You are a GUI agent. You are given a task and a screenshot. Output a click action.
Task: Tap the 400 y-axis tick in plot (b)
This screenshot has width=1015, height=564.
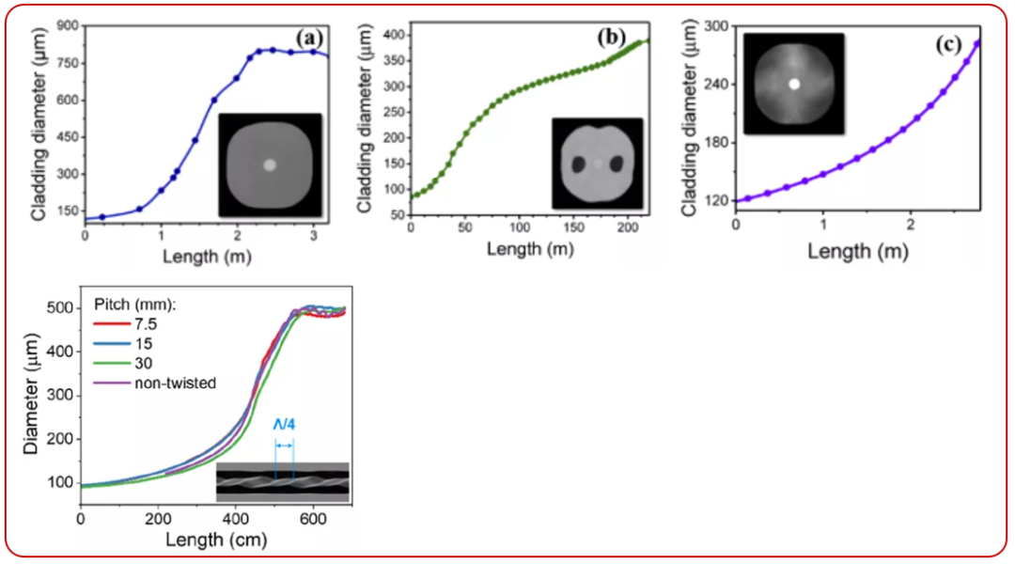393,36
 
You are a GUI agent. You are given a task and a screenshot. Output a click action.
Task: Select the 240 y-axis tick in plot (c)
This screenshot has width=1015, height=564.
716,84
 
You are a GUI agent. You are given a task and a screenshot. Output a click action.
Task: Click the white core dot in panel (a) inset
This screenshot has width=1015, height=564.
271,164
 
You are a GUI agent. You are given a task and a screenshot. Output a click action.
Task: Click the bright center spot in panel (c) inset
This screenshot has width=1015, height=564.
794,84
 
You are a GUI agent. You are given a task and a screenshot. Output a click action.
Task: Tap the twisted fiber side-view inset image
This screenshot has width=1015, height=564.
282,480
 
